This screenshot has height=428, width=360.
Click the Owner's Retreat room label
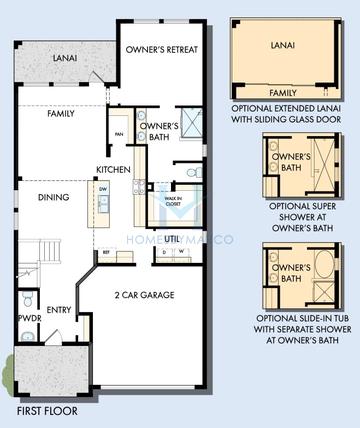click(x=161, y=50)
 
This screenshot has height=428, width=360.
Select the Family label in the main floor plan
click(x=61, y=115)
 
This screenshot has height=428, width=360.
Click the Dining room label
click(x=53, y=198)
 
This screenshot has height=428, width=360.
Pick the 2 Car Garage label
click(x=144, y=297)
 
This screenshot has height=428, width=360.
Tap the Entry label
click(x=58, y=310)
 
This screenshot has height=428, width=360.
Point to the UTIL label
click(x=173, y=239)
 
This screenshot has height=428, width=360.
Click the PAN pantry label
click(x=118, y=134)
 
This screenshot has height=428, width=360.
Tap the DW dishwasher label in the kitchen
click(x=103, y=188)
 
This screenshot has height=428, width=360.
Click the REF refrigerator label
click(x=106, y=254)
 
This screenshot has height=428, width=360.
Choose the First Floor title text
click(x=47, y=410)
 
